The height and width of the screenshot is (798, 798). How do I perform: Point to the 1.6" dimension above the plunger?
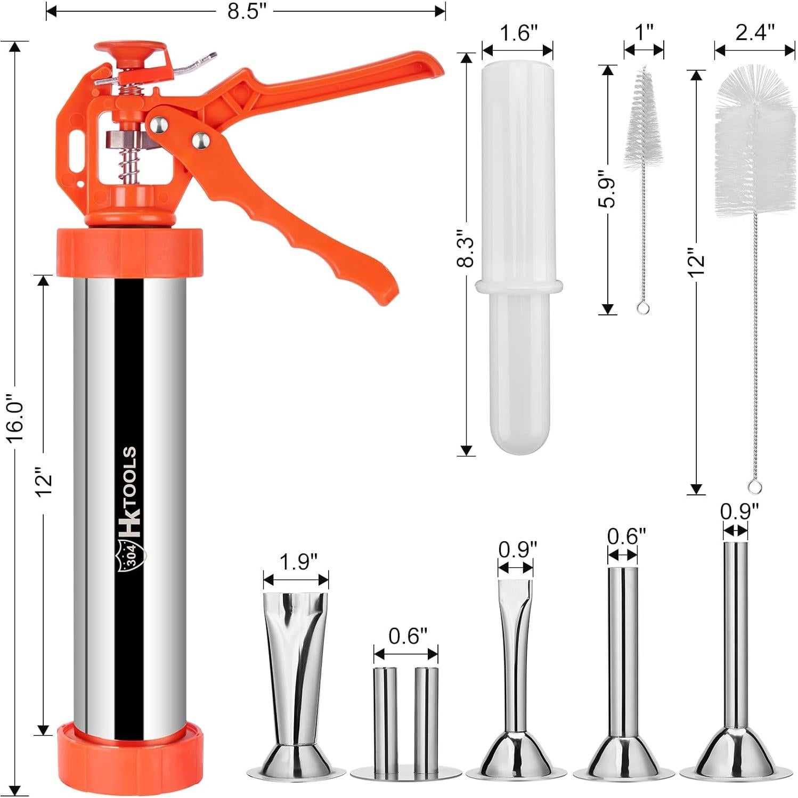(518, 33)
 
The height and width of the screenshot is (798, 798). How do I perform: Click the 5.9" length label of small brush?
(607, 189)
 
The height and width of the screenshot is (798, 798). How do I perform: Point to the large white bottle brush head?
(755, 144)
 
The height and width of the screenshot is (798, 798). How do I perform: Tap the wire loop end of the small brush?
(643, 308)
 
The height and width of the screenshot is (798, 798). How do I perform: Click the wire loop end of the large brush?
(754, 486)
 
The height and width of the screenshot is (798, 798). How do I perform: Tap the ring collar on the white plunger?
(519, 287)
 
